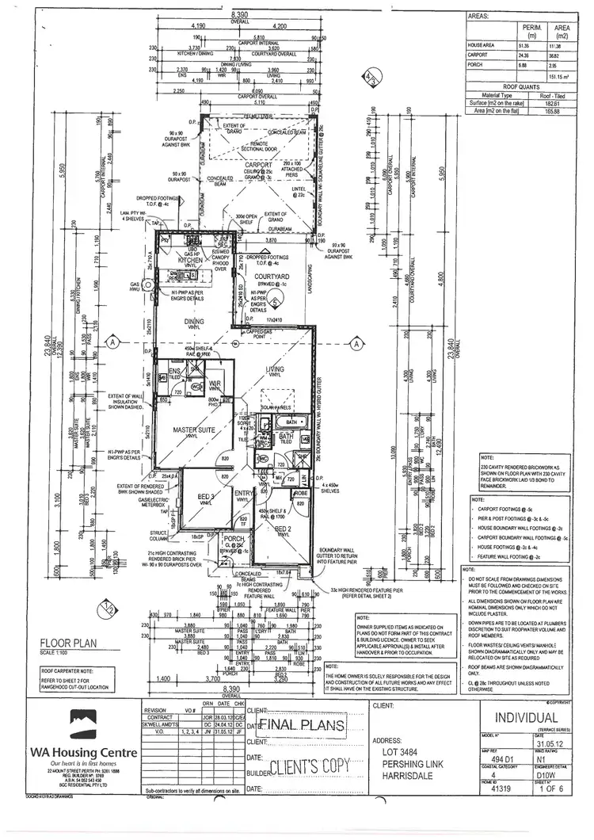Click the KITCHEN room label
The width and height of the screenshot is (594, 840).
point(192,259)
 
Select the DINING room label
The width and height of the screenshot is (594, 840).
point(194,321)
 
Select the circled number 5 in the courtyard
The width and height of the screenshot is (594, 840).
point(274,302)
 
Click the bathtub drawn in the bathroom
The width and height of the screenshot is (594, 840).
point(291,423)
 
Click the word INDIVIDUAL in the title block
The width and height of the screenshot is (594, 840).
point(525,718)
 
